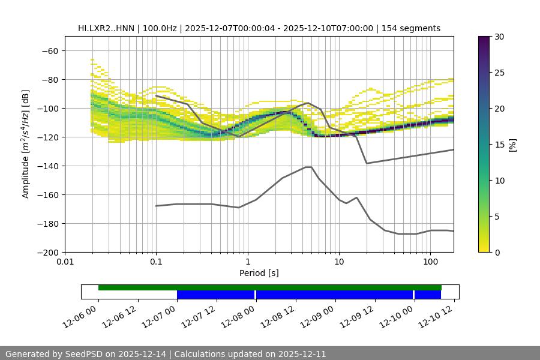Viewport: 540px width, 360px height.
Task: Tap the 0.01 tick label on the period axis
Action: (65, 262)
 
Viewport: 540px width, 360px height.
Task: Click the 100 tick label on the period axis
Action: (430, 262)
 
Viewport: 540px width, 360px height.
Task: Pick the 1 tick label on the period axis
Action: (248, 262)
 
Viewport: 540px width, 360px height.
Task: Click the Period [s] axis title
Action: (259, 273)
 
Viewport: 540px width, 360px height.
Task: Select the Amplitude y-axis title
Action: (26, 144)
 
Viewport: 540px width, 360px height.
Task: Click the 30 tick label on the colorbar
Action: (499, 37)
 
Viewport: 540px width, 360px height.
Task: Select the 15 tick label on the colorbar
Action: (499, 145)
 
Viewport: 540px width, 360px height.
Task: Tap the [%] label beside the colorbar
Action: (512, 144)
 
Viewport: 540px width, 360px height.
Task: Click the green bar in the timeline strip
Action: (270, 287)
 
